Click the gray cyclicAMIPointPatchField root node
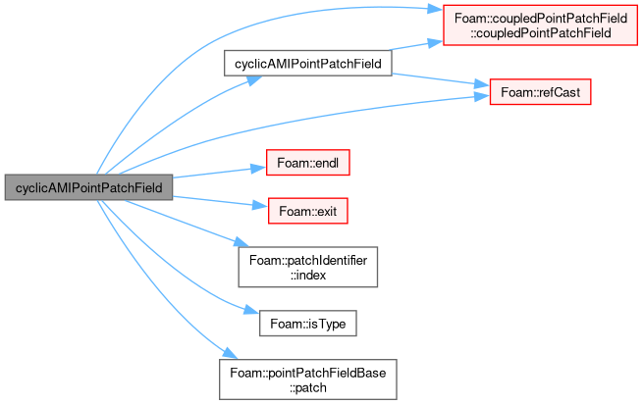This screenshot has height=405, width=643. [88, 187]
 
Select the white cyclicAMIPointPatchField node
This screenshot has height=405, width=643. [307, 63]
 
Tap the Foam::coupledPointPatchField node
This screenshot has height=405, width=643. [540, 25]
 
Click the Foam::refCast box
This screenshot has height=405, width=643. [540, 92]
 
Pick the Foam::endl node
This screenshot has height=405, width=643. [307, 163]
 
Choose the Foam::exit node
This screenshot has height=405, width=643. [307, 211]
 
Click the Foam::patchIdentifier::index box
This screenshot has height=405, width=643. [307, 267]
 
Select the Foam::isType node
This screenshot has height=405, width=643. [307, 324]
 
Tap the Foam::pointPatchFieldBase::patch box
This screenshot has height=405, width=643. [307, 380]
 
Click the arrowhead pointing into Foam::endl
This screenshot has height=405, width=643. [258, 168]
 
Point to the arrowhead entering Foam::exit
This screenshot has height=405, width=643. [260, 205]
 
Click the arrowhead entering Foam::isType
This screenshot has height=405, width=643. [251, 310]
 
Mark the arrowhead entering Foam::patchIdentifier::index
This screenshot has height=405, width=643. [241, 242]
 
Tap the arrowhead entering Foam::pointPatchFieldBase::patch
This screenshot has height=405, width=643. [230, 353]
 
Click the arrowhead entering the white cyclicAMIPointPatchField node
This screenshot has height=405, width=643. [254, 79]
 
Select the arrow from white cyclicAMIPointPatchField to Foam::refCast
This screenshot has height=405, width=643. [441, 79]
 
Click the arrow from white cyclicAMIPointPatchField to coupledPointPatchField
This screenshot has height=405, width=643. [416, 45]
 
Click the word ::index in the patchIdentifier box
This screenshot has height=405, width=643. [308, 275]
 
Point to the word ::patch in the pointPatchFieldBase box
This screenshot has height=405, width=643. [308, 387]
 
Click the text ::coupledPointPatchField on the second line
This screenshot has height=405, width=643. [541, 32]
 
